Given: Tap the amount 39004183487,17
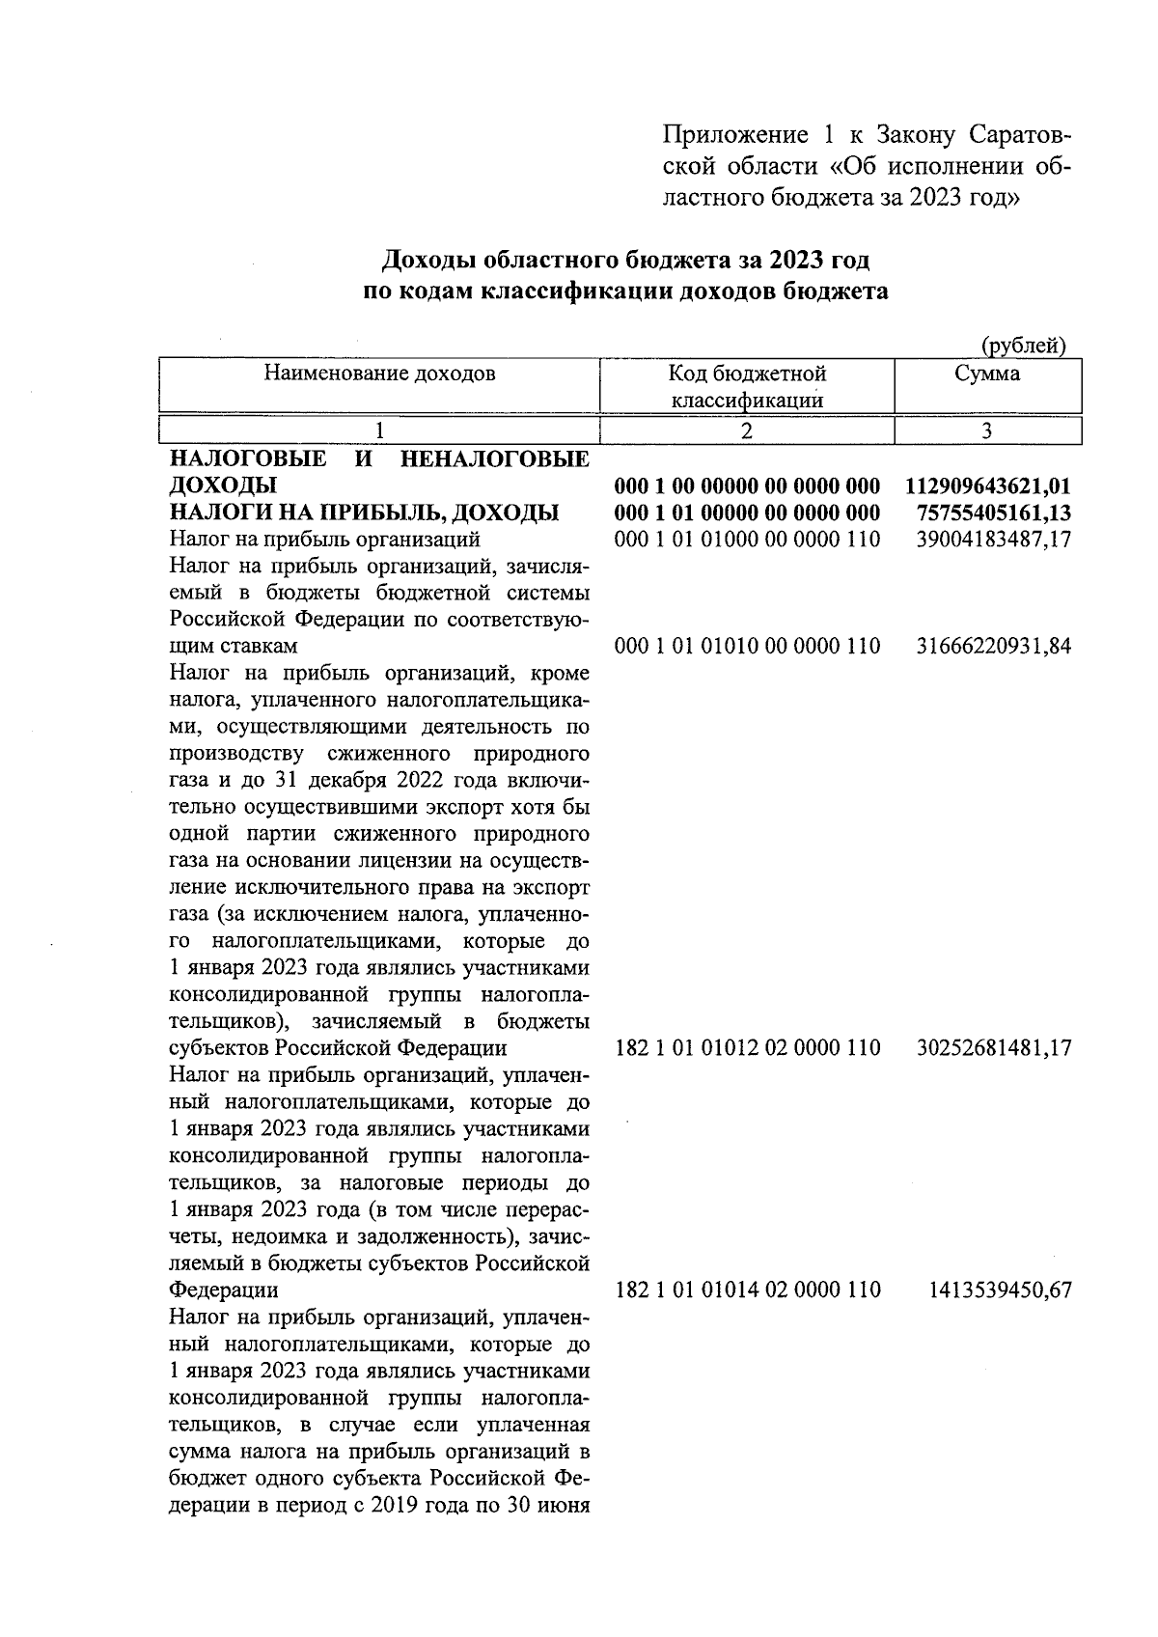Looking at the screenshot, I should pyautogui.click(x=993, y=539).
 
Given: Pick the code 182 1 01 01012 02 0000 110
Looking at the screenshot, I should pyautogui.click(x=747, y=1047).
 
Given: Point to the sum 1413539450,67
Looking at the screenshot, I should pyautogui.click(x=1000, y=1290).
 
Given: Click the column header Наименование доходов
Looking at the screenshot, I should pyautogui.click(x=379, y=374).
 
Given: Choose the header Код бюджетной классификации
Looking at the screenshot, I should pyautogui.click(x=747, y=386).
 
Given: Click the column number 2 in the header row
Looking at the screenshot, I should pyautogui.click(x=747, y=431).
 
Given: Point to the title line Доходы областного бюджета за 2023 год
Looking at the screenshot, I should pyautogui.click(x=625, y=261).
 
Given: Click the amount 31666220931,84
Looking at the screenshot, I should pyautogui.click(x=993, y=646).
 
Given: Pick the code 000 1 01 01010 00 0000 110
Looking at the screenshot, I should pyautogui.click(x=747, y=646).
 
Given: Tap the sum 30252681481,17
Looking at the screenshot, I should pyautogui.click(x=993, y=1047).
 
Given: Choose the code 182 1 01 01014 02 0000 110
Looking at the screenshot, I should pyautogui.click(x=747, y=1290).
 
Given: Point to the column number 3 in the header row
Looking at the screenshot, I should pyautogui.click(x=987, y=431).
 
